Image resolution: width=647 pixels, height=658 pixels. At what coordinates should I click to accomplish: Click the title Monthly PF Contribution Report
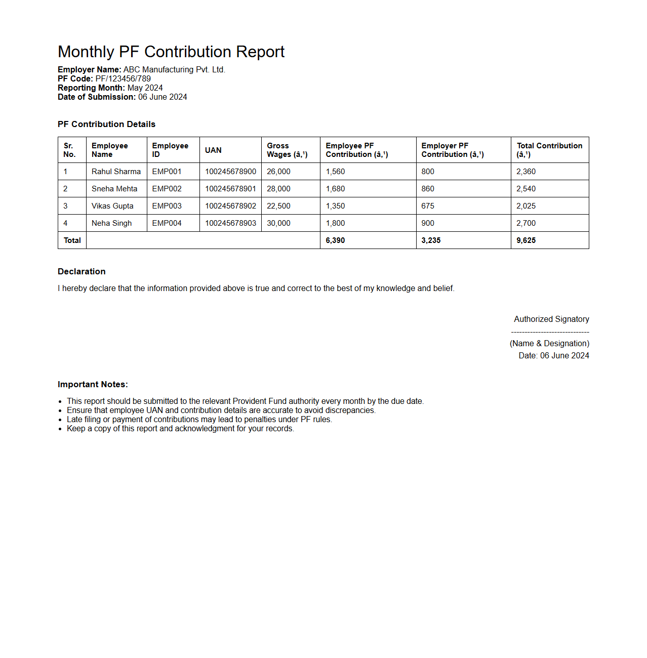click(171, 52)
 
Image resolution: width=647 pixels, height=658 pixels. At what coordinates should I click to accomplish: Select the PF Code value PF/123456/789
click(123, 78)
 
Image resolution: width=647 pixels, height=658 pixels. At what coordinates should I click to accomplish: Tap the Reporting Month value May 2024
click(145, 88)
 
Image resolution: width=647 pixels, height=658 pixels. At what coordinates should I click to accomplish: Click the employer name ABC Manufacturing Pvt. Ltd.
click(174, 69)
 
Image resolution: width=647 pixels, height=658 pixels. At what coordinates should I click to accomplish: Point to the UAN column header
click(213, 150)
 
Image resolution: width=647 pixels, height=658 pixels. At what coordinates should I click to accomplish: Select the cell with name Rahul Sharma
click(116, 172)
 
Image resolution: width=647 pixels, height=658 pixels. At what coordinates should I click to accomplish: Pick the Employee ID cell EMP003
click(167, 206)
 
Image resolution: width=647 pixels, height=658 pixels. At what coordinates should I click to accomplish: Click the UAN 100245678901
click(230, 189)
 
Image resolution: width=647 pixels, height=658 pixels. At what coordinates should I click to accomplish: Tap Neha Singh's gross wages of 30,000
click(278, 223)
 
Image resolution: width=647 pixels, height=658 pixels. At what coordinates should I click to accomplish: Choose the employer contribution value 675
click(428, 206)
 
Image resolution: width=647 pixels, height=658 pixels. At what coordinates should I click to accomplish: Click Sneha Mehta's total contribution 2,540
click(526, 189)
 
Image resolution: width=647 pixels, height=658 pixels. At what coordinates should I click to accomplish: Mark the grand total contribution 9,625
click(526, 240)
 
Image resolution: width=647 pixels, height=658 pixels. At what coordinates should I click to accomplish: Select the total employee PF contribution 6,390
click(335, 240)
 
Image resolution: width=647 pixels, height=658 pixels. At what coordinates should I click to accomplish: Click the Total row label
click(72, 240)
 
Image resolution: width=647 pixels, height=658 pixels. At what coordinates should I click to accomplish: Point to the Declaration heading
click(82, 271)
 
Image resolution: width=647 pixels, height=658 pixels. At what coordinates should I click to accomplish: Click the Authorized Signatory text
click(551, 319)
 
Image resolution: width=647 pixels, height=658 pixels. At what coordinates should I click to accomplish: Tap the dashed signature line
click(550, 332)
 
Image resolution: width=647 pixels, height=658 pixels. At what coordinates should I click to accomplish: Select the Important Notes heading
click(93, 384)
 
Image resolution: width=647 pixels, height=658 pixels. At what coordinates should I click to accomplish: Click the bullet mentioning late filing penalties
click(199, 419)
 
